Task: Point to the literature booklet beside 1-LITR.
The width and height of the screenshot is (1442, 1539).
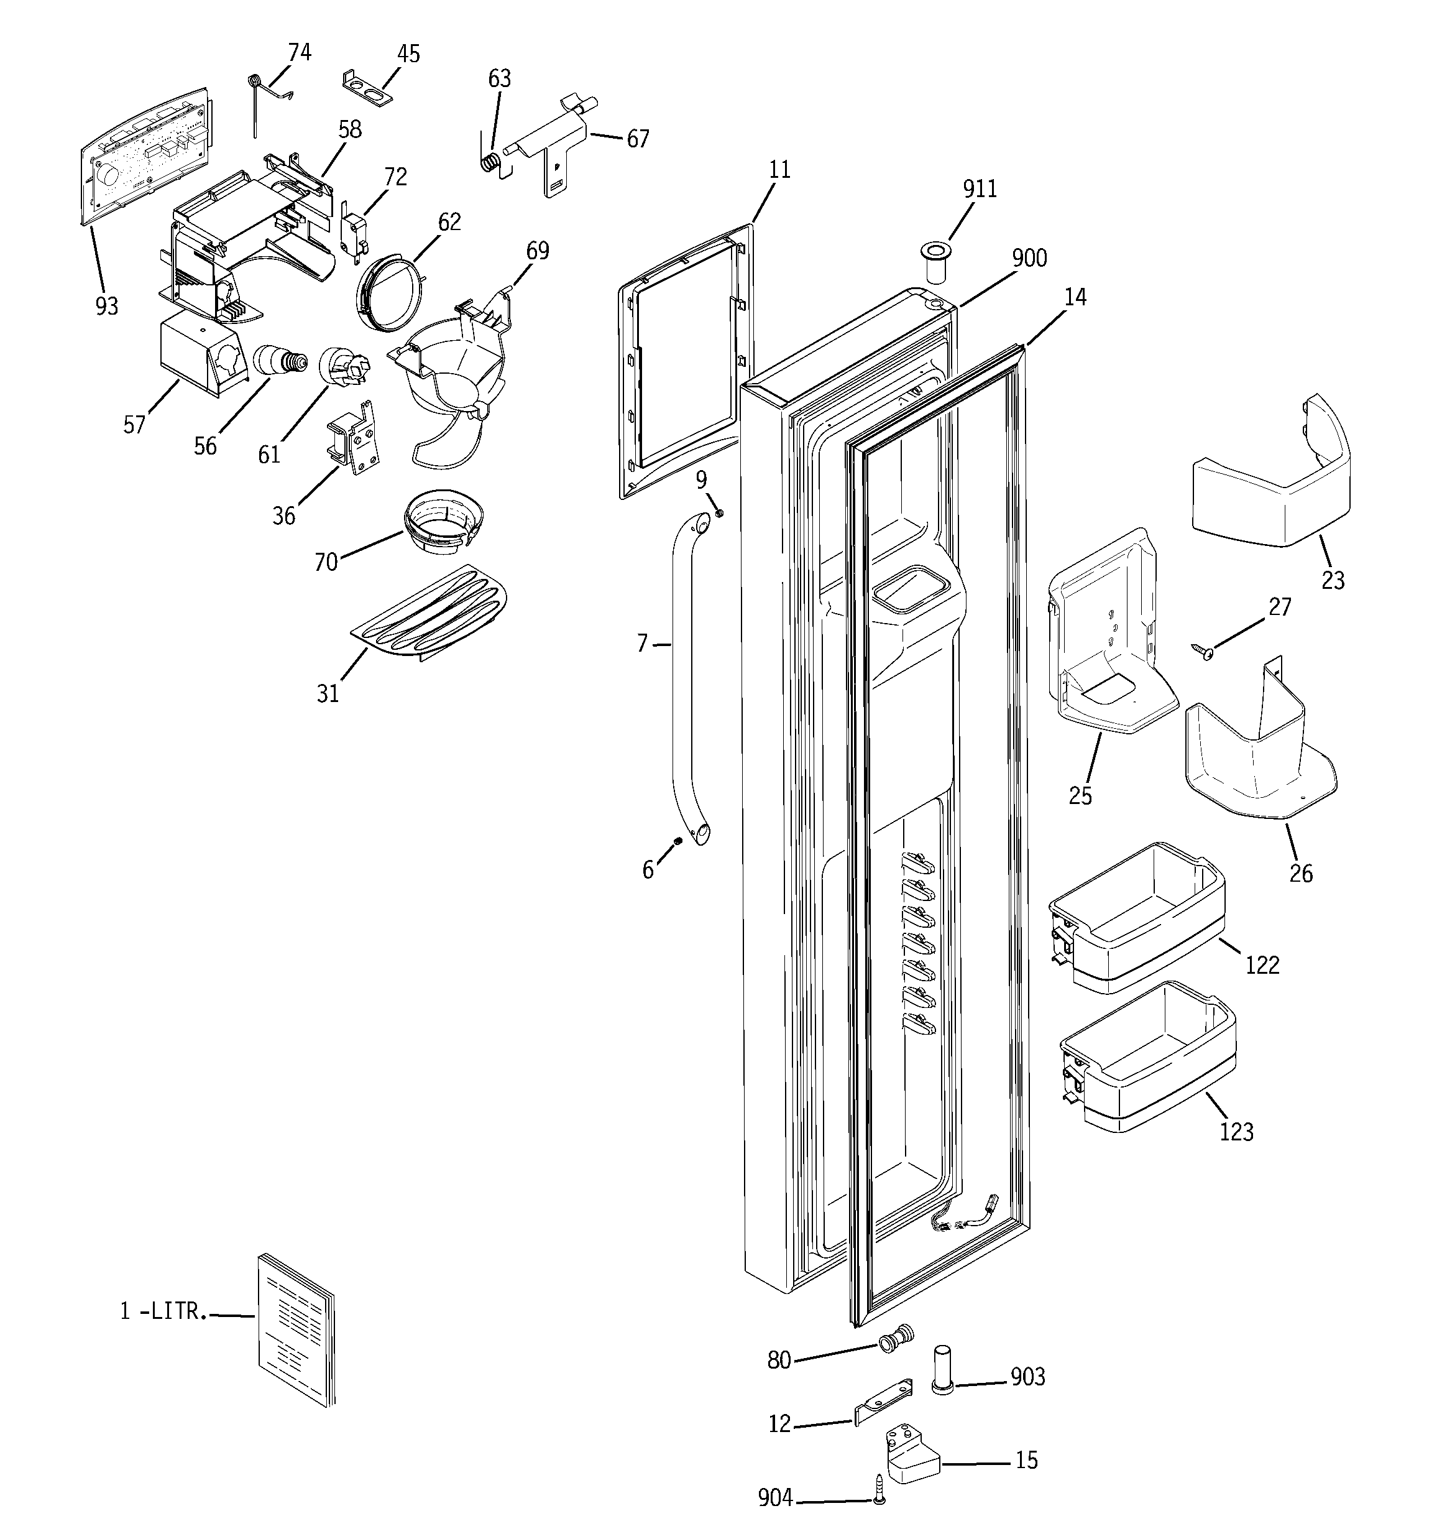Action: (x=296, y=1331)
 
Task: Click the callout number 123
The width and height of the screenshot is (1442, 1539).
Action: (x=1236, y=1132)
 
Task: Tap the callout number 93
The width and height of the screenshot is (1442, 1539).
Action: (x=107, y=306)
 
